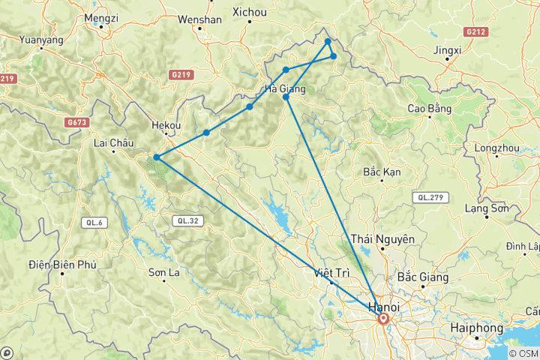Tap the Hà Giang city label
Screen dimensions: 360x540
[285, 89]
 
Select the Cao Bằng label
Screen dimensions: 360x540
[428, 109]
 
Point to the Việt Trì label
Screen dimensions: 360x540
[331, 272]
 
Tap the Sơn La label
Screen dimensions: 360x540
[165, 272]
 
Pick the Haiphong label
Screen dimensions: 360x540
[480, 328]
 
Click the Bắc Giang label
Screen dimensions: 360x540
[424, 277]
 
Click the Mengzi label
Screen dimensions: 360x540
[102, 16]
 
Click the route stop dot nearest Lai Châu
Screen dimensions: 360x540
[155, 157]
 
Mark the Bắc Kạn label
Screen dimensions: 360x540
[381, 172]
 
